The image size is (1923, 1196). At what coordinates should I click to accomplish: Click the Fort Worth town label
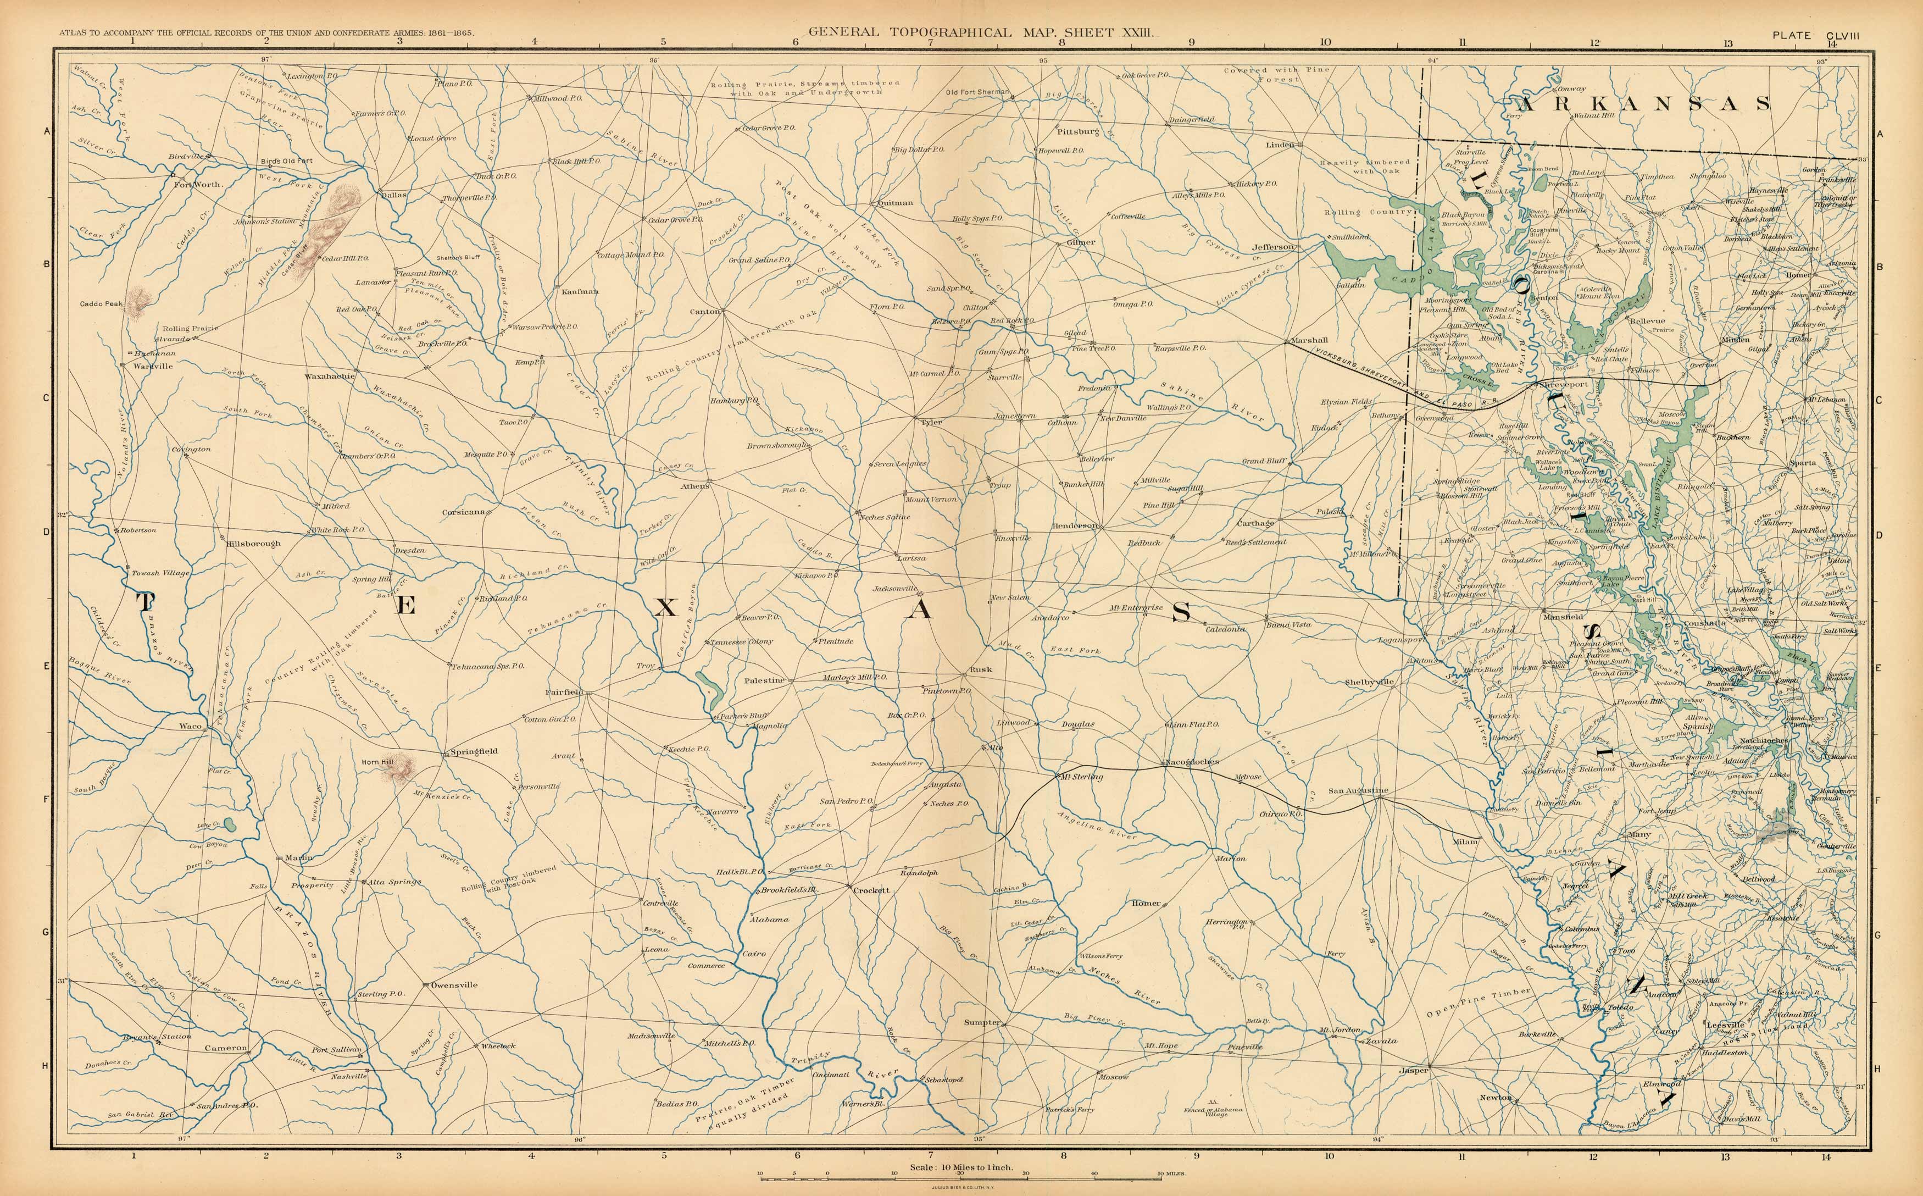pyautogui.click(x=198, y=184)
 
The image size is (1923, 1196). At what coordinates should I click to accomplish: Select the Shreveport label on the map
pyautogui.click(x=1563, y=384)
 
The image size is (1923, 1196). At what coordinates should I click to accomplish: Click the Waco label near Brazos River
pyautogui.click(x=190, y=726)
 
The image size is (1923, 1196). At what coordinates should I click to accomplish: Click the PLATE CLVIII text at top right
pyautogui.click(x=1815, y=35)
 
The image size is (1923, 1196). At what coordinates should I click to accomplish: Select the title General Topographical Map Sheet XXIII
pyautogui.click(x=981, y=32)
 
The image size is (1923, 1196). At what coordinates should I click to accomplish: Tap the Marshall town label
pyautogui.click(x=1309, y=340)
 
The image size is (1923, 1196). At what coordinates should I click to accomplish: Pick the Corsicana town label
pyautogui.click(x=463, y=512)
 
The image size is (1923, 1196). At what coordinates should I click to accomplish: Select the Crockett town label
pyautogui.click(x=871, y=890)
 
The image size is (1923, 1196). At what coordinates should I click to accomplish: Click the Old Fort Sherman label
pyautogui.click(x=977, y=92)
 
